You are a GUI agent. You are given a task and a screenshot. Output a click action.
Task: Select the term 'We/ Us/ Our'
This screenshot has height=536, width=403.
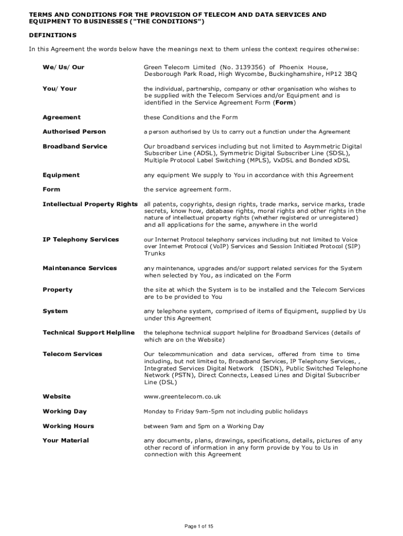tap(63, 67)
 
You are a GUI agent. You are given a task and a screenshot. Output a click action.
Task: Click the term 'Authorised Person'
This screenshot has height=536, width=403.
tap(74, 131)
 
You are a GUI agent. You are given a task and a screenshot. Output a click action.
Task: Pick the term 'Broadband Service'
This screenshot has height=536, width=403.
tap(74, 146)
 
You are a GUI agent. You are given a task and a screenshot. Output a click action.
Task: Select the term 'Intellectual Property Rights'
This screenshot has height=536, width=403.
tap(89, 204)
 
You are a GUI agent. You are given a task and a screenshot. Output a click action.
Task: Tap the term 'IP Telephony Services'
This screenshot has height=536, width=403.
tap(81, 239)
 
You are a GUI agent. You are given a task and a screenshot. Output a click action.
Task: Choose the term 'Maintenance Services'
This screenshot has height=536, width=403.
tap(80, 268)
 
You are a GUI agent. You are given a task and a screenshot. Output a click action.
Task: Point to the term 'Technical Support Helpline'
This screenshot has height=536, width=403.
tap(88, 332)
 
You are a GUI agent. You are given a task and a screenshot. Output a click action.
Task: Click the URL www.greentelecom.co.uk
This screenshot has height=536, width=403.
tap(183, 397)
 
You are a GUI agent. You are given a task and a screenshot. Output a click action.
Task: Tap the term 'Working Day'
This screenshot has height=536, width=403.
tap(64, 411)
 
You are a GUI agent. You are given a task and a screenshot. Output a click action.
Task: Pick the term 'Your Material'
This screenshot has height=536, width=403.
tap(65, 440)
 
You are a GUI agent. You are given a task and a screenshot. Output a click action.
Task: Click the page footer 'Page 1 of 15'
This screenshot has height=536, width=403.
tap(201, 526)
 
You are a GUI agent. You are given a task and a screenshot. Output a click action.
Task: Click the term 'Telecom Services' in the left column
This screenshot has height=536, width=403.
tap(72, 354)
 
